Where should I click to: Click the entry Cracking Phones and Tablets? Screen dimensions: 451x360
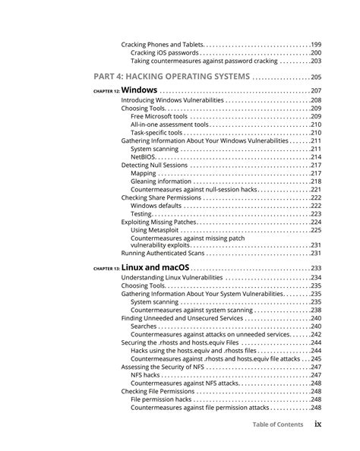point(161,44)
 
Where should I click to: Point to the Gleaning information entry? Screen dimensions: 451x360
point(161,181)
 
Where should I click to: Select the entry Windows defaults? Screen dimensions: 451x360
point(156,206)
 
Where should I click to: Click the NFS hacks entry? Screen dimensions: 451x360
point(145,375)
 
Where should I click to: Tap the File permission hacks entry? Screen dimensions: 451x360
point(161,399)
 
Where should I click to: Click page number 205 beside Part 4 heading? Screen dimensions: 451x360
point(316,77)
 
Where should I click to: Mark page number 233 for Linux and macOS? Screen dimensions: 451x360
point(316,269)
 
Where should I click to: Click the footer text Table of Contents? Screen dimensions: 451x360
point(278,424)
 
